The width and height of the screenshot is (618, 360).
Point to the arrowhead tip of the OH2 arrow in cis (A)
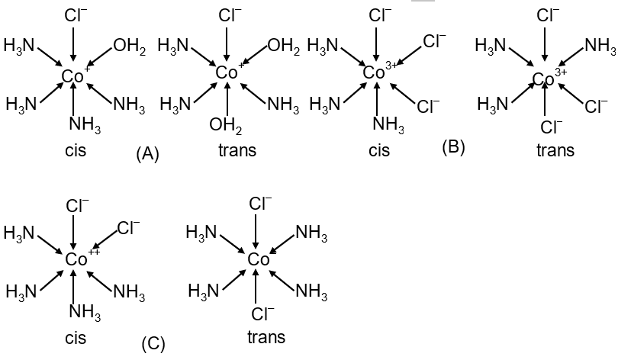tap(88, 64)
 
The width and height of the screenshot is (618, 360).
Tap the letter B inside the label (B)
tap(454, 146)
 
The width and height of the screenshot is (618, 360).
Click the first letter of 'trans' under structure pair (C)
tap(250, 338)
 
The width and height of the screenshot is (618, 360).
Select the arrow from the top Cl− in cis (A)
tap(73, 44)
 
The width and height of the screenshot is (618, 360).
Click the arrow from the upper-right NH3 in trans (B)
tap(572, 56)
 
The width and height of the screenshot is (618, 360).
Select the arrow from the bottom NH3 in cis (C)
tap(74, 285)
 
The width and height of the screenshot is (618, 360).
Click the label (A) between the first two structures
tap(148, 153)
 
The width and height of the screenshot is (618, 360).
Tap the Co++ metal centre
tap(82, 259)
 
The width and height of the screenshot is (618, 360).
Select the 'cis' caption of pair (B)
tap(379, 150)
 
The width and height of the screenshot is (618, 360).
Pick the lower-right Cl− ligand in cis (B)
tap(428, 106)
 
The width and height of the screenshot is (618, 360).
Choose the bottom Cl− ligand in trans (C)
tap(262, 314)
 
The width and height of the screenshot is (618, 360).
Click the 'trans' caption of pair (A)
tap(237, 150)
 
